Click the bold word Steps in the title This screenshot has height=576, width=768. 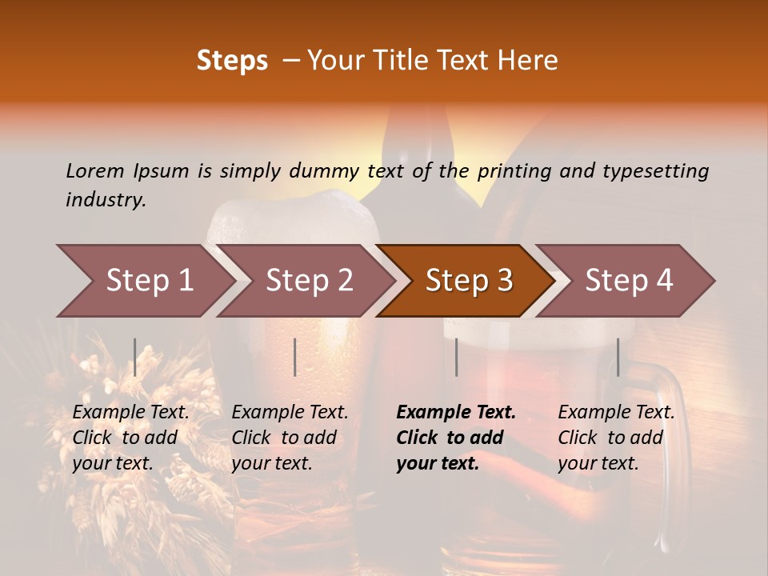(232, 60)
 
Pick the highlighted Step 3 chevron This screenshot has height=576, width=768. (469, 280)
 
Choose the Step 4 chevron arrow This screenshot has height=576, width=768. (629, 280)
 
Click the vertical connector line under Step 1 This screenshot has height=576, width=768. (135, 357)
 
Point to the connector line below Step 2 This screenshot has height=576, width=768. (295, 357)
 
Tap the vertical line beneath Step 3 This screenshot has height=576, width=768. (456, 357)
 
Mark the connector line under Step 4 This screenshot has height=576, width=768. (618, 357)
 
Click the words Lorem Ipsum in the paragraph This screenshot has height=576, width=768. (127, 170)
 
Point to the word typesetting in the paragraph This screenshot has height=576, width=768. (654, 170)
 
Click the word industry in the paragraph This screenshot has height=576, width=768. (106, 199)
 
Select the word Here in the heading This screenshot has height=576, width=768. (529, 60)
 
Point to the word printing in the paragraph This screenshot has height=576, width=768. (516, 170)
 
